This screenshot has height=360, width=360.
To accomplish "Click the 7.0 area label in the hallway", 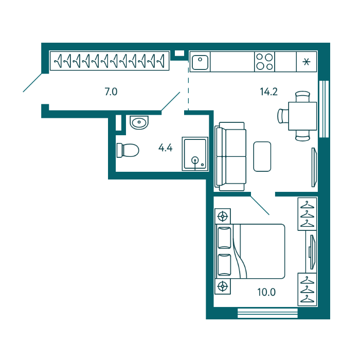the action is click(x=111, y=92).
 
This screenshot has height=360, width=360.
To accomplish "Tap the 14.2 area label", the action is click(x=268, y=92).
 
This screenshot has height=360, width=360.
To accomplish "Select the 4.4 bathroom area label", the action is click(x=165, y=148).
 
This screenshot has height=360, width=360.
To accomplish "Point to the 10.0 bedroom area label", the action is click(x=266, y=292).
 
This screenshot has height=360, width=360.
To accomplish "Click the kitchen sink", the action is click(x=200, y=62).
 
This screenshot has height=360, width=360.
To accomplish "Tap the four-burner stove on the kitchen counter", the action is click(x=264, y=62).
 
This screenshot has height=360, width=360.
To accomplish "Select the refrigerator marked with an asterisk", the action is click(x=307, y=62).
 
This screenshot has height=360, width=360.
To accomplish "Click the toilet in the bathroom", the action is click(x=128, y=150).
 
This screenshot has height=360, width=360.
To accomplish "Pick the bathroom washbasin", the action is click(x=139, y=122).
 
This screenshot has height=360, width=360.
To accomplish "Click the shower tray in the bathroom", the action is click(x=195, y=154).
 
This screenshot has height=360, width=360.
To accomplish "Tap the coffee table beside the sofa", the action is click(x=262, y=156).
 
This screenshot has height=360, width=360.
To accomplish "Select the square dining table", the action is click(x=302, y=116).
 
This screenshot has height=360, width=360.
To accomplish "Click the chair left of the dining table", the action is click(x=283, y=116).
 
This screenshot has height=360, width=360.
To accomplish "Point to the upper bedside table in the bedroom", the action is click(x=223, y=216).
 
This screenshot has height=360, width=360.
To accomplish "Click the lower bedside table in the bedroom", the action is click(x=223, y=286).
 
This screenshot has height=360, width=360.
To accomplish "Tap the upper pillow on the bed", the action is click(x=224, y=238).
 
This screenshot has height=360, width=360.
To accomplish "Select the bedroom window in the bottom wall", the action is click(x=267, y=313).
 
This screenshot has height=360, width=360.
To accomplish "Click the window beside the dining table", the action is click(x=324, y=109).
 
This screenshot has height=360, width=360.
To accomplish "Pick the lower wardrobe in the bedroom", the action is click(x=307, y=289).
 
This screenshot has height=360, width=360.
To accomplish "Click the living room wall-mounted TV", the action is click(x=314, y=167).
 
